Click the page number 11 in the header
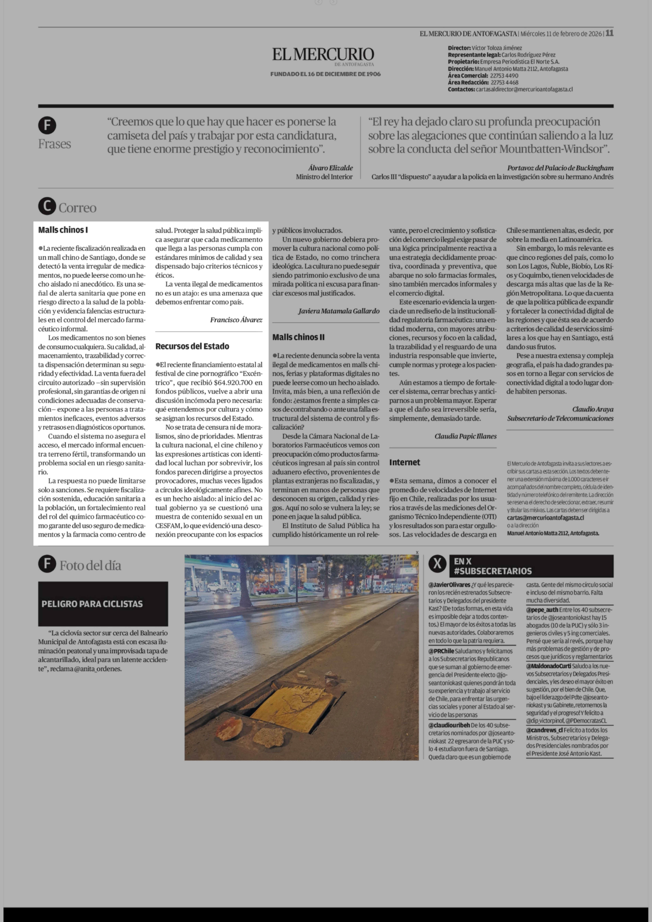coord(609,33)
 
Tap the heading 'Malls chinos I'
coord(63,230)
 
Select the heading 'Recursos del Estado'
coord(192,346)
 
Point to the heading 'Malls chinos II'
coord(298,337)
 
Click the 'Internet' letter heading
coord(404,462)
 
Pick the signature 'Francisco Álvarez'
coord(236,320)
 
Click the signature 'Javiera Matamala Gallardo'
coord(338,311)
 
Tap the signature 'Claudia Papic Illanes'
coord(465,436)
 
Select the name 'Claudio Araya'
coord(593,409)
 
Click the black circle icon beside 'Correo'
coord(47,206)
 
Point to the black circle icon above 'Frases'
coord(47,125)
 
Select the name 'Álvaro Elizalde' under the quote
coord(330,168)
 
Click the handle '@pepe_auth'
coord(542,610)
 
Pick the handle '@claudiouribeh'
coord(449,737)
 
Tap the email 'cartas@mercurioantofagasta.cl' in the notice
coord(545,518)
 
